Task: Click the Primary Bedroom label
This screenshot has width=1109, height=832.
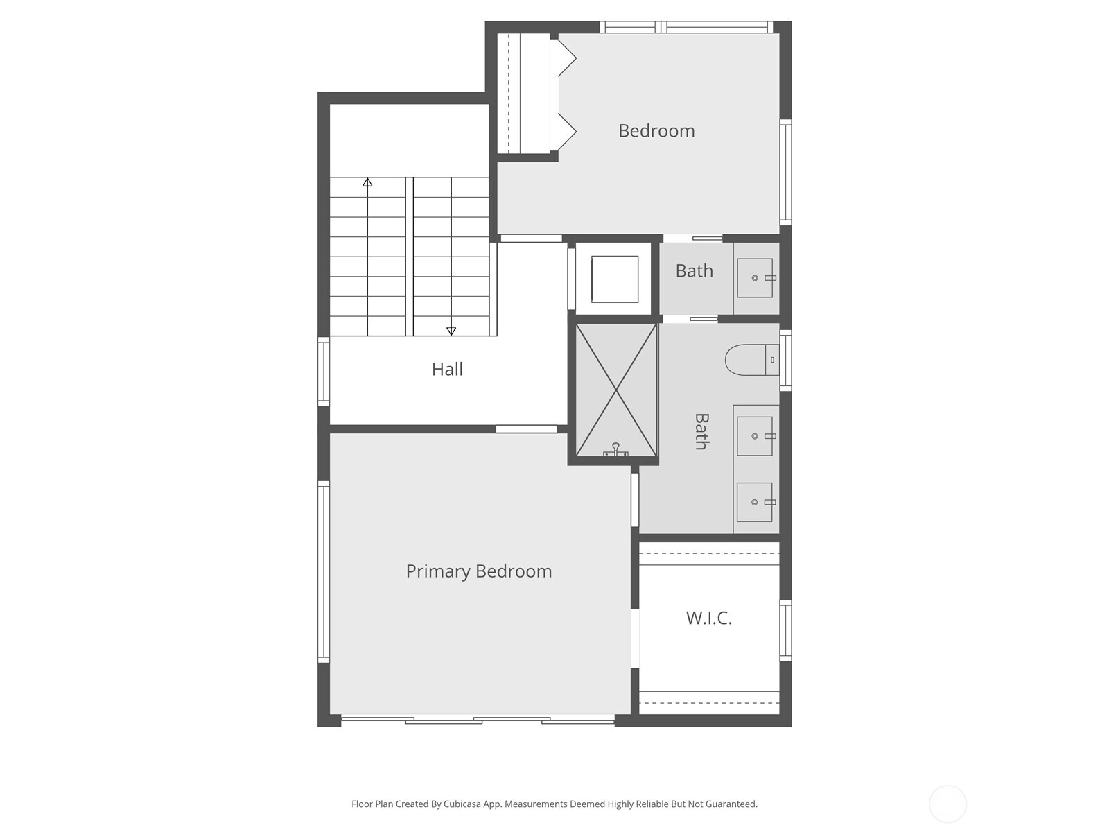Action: [479, 571]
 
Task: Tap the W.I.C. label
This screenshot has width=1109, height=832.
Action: [708, 618]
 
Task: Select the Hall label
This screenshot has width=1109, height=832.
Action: [447, 369]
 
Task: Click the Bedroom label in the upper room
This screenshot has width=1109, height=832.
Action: [656, 130]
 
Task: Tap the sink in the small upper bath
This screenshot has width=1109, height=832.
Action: [755, 278]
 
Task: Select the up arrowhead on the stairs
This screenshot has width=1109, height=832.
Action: [367, 182]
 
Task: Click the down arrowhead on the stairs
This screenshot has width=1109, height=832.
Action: [451, 331]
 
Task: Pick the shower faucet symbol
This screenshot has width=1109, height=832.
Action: [615, 451]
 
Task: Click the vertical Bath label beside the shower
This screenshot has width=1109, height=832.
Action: [701, 431]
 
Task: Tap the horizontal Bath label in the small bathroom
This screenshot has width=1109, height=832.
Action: [694, 270]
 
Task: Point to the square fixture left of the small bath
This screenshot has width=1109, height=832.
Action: [614, 279]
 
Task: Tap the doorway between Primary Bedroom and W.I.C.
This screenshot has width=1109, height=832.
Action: [634, 638]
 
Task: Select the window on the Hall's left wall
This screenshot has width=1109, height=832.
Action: [324, 371]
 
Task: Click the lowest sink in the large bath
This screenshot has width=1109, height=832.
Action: [755, 502]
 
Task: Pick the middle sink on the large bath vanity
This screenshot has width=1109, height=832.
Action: [755, 436]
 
